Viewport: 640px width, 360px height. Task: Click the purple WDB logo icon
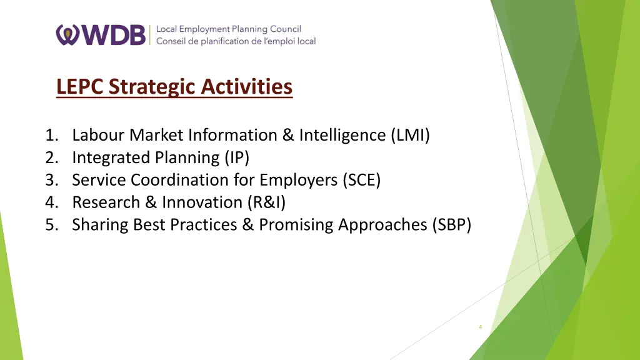[x=67, y=35]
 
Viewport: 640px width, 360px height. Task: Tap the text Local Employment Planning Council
[x=228, y=29]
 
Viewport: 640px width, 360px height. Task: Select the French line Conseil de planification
[x=236, y=41]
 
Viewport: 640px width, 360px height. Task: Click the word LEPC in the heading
[x=80, y=86]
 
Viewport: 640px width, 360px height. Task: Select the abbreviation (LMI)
[x=410, y=135]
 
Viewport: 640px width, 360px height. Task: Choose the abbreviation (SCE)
[x=361, y=180]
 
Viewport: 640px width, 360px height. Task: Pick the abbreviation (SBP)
[x=451, y=224]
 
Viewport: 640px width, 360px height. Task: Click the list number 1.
[x=51, y=135]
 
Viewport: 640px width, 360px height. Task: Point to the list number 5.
[x=51, y=224]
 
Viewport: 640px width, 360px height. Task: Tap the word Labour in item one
[x=96, y=135]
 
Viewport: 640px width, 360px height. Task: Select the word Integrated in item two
[x=106, y=157]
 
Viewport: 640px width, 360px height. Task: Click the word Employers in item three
[x=298, y=180]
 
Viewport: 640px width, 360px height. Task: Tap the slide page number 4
[x=480, y=326]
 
